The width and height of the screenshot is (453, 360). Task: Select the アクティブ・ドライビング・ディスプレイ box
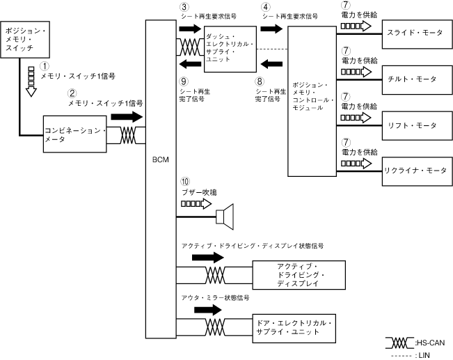tap(297, 275)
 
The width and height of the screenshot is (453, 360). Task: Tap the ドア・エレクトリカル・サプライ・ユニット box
tap(297, 327)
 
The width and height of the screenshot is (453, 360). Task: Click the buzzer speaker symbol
tap(226, 217)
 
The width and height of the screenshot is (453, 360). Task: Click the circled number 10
tap(185, 182)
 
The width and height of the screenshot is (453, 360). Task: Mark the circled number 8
tap(261, 82)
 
